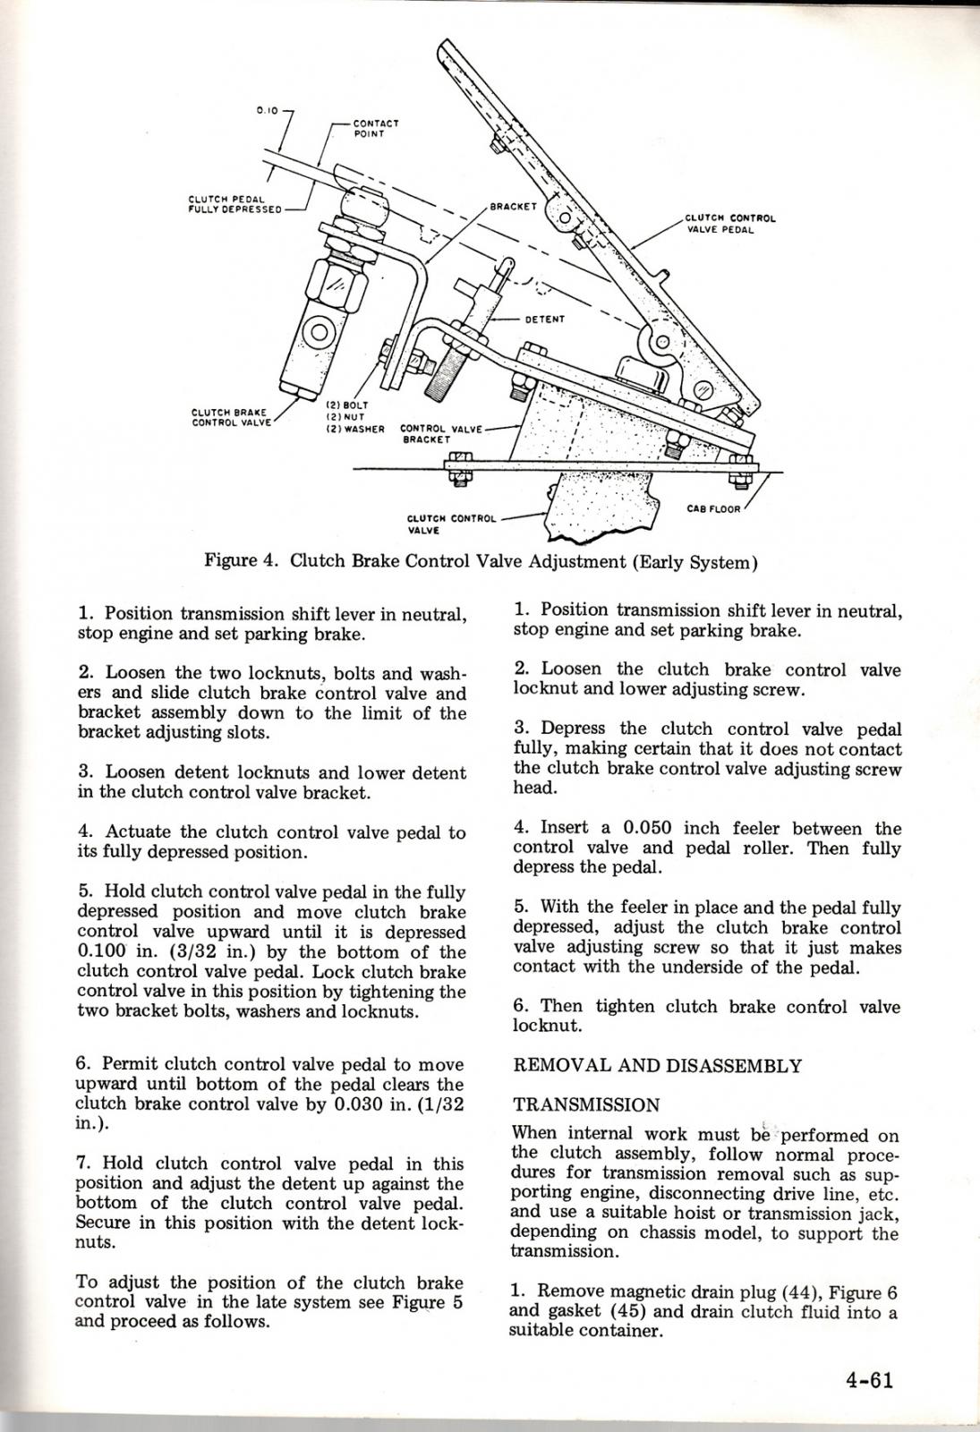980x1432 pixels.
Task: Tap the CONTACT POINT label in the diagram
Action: (375, 128)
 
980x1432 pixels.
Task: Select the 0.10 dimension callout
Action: (266, 110)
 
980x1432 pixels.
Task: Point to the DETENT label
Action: (544, 319)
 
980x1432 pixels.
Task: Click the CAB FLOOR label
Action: (713, 509)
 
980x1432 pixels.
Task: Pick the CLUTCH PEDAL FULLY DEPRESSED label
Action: (235, 205)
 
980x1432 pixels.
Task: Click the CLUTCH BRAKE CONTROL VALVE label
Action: (230, 417)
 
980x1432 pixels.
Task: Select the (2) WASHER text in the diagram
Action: (355, 429)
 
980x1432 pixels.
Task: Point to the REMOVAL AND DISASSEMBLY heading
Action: (658, 1066)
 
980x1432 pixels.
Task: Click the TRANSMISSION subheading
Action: (586, 1105)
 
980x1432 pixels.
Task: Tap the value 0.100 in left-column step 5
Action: (102, 952)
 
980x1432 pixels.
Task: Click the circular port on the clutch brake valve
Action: (319, 336)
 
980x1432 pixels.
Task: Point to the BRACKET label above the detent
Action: (513, 206)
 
